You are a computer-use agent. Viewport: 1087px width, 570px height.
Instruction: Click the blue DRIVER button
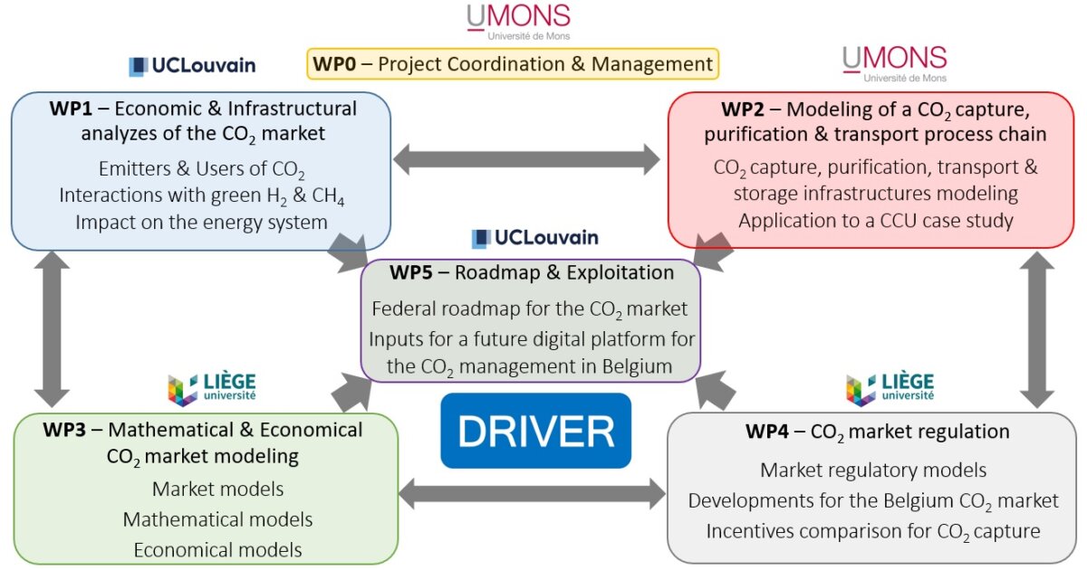coord(535,431)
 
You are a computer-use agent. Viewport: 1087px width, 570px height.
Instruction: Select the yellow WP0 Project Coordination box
coord(513,63)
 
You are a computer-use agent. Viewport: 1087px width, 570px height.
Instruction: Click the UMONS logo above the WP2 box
coord(895,64)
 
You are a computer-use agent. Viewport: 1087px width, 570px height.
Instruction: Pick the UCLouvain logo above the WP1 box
coord(192,66)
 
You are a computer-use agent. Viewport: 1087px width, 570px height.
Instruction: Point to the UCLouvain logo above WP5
coord(534,238)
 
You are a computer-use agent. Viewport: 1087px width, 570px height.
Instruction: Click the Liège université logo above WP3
coord(212,389)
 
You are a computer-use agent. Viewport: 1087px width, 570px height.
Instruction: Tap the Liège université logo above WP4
coord(890,389)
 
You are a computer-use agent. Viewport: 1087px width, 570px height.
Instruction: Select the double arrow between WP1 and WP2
coord(526,159)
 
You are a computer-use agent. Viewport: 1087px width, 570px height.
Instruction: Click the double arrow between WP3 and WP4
coord(532,494)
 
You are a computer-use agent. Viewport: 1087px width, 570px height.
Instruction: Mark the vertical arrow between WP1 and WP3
coord(52,329)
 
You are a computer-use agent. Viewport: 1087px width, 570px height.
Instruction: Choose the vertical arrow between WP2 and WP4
coord(1037,329)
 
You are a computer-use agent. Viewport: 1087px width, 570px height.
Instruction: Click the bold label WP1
coord(71,109)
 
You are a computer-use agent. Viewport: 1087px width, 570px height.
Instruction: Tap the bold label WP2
coord(743,109)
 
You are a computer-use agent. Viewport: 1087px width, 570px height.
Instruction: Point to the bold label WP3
coord(64,430)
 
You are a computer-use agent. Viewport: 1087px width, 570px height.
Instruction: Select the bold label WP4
coord(767,432)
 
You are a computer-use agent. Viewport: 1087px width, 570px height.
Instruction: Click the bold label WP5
coord(411,273)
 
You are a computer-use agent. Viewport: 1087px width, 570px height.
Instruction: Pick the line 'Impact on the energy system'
coord(201,222)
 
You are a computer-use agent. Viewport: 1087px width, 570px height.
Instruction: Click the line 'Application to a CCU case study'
coord(876,221)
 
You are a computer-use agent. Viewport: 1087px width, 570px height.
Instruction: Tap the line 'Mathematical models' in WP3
coord(218,519)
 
